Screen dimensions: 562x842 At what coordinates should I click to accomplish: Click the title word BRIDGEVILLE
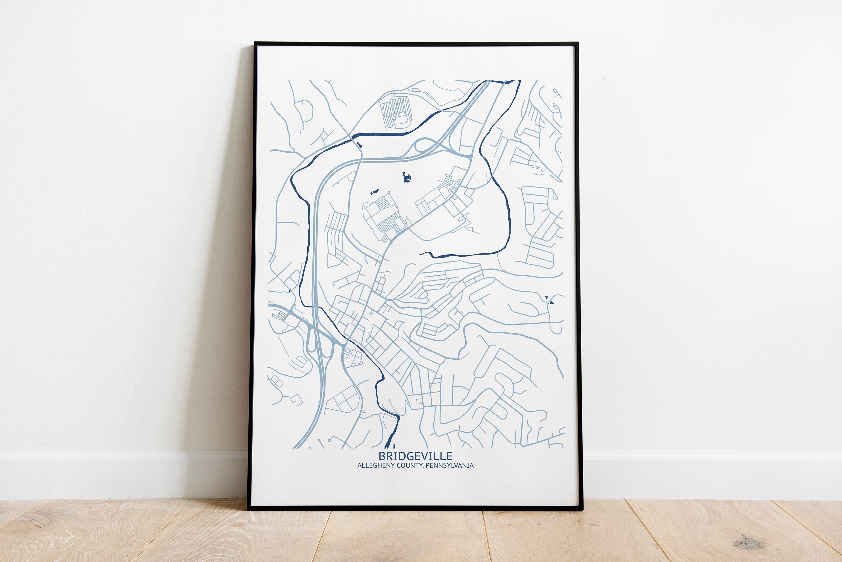coord(415,456)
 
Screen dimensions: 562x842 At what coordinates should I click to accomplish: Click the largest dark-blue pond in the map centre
coord(406,177)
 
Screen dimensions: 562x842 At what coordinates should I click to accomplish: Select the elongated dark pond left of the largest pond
coord(375,192)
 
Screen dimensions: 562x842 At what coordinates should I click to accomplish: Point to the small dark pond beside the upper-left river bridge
coord(359,145)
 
